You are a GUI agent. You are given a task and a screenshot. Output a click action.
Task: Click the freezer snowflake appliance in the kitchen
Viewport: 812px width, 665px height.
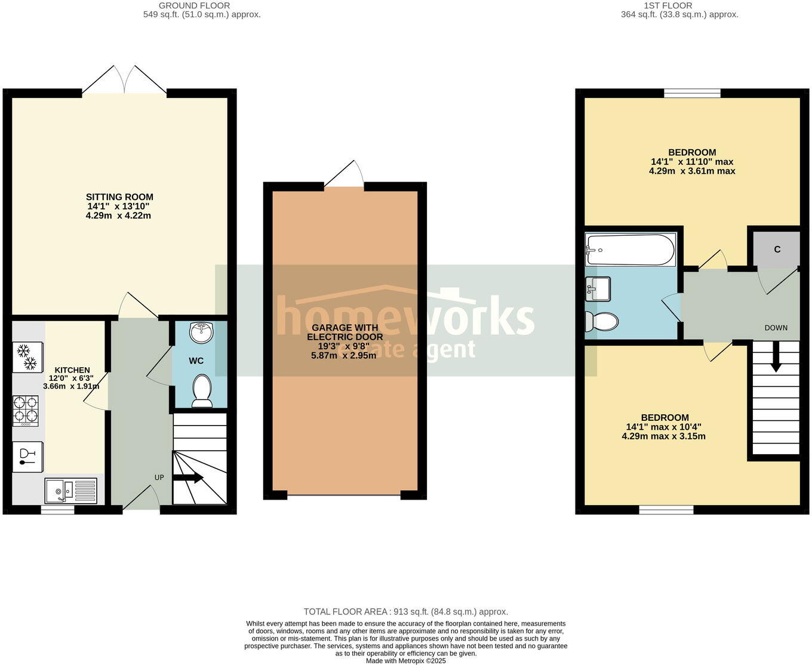point(27,357)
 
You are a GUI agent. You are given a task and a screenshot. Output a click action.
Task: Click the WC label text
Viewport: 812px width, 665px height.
point(196,361)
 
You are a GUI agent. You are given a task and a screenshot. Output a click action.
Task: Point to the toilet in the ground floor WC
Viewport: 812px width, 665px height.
point(202,391)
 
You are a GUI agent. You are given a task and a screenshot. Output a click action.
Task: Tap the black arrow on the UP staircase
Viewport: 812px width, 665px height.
point(189,478)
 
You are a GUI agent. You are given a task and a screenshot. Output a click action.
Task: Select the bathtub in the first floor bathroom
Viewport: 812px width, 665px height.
point(630,250)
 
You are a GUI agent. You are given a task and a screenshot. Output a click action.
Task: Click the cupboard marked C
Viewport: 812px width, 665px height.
point(777,250)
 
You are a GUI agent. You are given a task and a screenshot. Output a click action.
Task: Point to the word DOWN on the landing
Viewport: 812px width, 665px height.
point(776,328)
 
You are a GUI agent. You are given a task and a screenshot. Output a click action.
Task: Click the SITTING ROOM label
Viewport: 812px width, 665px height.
point(119,197)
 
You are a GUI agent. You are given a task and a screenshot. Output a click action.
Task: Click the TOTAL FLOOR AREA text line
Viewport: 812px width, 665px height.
point(405,611)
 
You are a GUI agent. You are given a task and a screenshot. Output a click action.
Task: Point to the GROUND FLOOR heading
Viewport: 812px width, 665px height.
point(194,5)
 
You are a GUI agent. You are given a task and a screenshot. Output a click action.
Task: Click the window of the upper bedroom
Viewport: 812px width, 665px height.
point(692,93)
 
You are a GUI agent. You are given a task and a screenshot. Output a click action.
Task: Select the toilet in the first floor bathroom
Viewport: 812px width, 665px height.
point(601,321)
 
